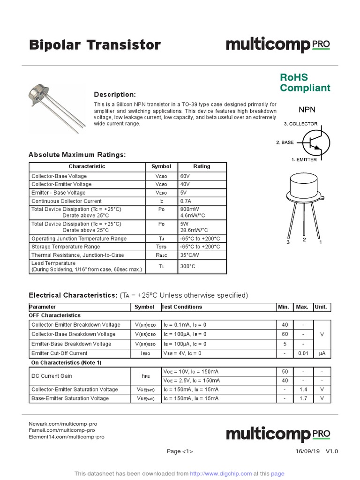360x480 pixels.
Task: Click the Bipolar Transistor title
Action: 95,45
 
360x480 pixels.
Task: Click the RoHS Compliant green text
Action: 305,82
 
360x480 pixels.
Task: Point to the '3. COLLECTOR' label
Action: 300,124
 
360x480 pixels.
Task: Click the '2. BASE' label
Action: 284,142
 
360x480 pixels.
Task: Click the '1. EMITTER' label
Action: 304,160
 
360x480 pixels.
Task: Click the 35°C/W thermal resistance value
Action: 190,255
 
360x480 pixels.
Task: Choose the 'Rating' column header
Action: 202,166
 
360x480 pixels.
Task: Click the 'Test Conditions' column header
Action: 182,307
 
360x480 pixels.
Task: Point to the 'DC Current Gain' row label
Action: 52,376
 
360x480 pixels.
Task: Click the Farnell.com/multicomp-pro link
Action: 62,430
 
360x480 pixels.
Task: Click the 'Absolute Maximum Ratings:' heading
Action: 77,155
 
